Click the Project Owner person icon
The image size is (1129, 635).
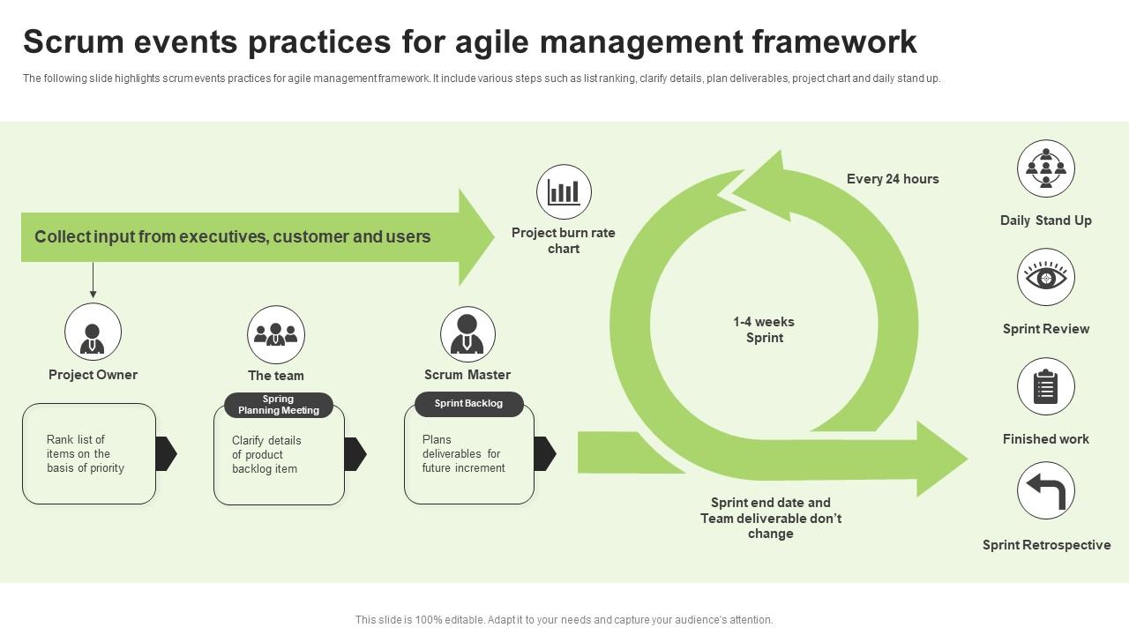(x=93, y=332)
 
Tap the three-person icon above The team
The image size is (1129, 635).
(x=276, y=334)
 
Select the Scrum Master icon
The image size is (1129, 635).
(x=467, y=334)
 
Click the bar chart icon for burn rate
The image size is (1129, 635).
(x=564, y=191)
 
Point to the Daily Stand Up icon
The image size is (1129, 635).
(x=1046, y=168)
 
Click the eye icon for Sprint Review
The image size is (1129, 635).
(x=1046, y=277)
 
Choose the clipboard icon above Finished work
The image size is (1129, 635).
(x=1046, y=386)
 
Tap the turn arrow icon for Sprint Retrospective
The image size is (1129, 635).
(x=1046, y=491)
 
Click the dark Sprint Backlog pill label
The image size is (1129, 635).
(x=469, y=404)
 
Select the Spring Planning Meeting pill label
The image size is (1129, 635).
(x=279, y=405)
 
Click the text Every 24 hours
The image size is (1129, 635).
(x=893, y=179)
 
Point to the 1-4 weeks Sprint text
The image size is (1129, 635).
(x=764, y=330)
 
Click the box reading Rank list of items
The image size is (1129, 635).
(x=89, y=454)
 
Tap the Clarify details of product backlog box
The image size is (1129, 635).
(x=279, y=456)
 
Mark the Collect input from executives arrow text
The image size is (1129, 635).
(x=233, y=236)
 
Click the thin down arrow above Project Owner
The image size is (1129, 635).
(x=93, y=280)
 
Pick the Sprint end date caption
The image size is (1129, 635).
(x=771, y=518)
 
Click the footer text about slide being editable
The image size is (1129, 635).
(x=564, y=620)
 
